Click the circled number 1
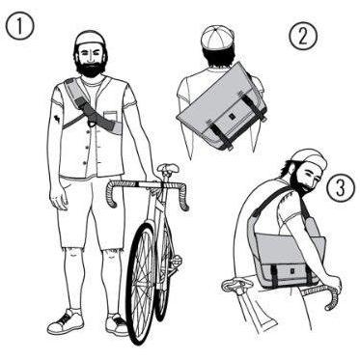click(x=20, y=26)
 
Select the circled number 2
click(x=303, y=36)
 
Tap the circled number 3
click(x=341, y=187)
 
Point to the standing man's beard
click(x=91, y=67)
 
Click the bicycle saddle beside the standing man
click(x=168, y=168)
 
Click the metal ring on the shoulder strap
click(x=92, y=123)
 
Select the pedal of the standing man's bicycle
click(x=178, y=259)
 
